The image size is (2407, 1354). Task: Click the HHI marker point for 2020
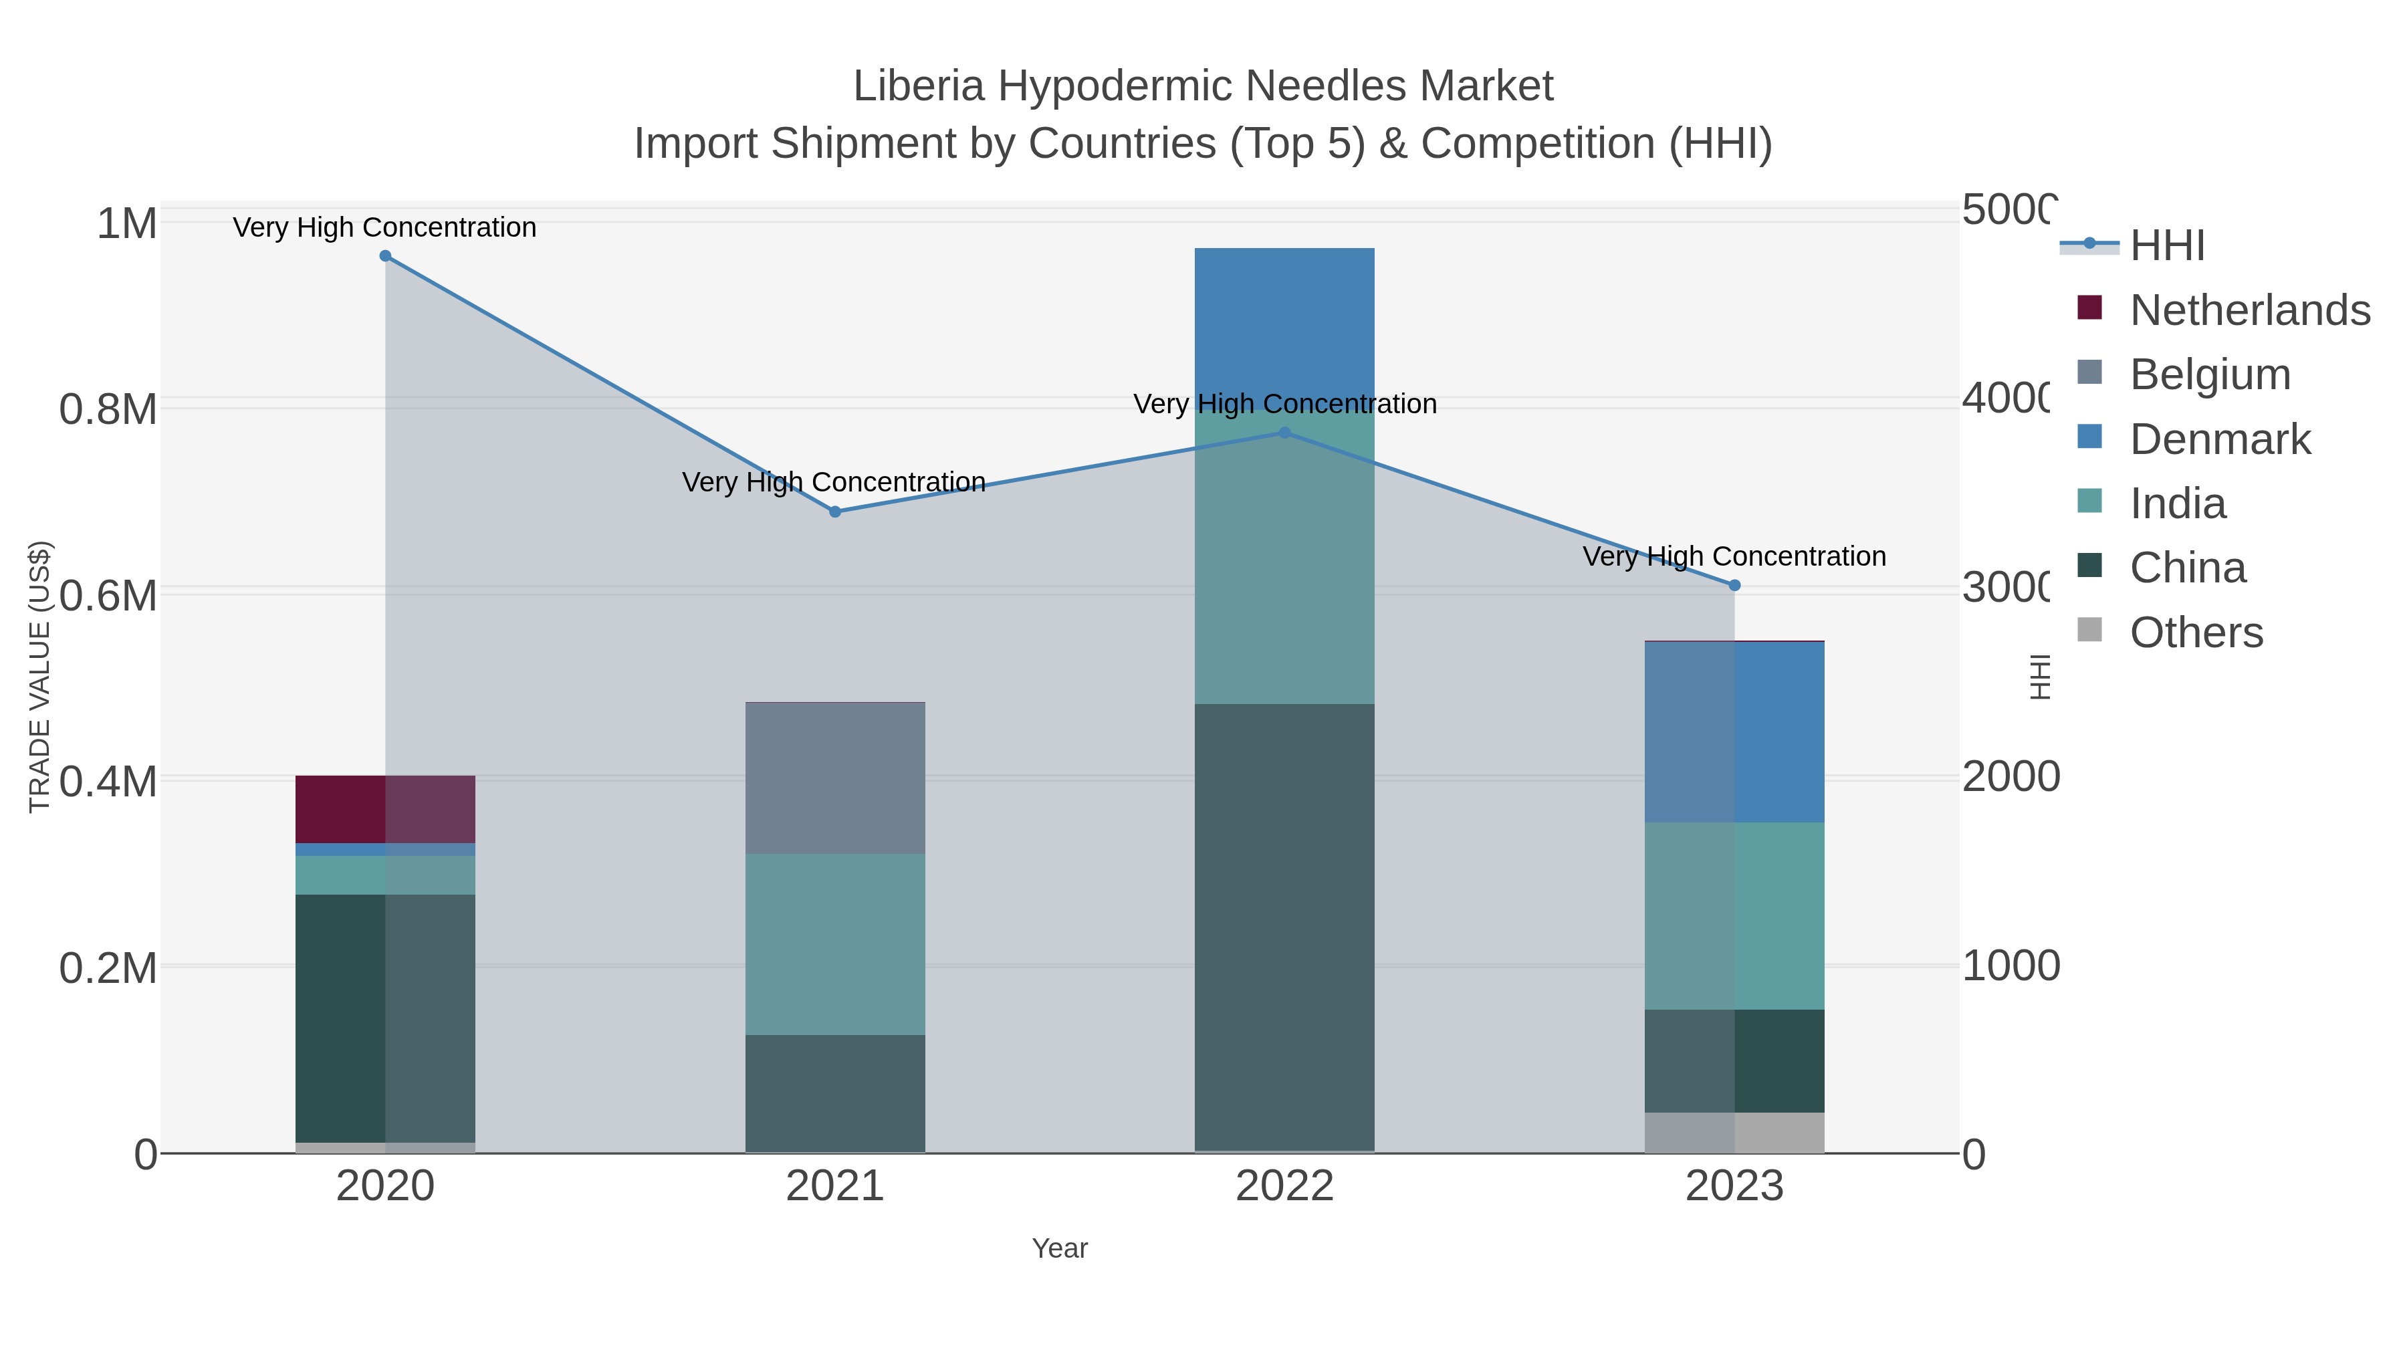pyautogui.click(x=385, y=256)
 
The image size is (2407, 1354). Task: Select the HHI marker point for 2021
pyautogui.click(x=835, y=512)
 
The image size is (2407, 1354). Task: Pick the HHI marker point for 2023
pyautogui.click(x=1735, y=586)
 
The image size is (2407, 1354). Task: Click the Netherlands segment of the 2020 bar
pyautogui.click(x=385, y=809)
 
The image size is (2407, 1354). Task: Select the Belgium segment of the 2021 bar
pyautogui.click(x=835, y=778)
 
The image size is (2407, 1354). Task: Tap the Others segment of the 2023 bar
pyautogui.click(x=1735, y=1133)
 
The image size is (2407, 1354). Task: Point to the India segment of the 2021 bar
pyautogui.click(x=835, y=943)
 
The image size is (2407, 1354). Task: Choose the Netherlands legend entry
pyautogui.click(x=2249, y=310)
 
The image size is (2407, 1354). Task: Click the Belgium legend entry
pyautogui.click(x=2210, y=374)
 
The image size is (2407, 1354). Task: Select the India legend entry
pyautogui.click(x=2177, y=503)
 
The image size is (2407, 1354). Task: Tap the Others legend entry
pyautogui.click(x=2196, y=633)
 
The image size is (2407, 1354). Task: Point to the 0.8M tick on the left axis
pyautogui.click(x=108, y=409)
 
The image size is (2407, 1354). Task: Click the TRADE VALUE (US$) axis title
pyautogui.click(x=39, y=677)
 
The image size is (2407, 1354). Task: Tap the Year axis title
pyautogui.click(x=1060, y=1248)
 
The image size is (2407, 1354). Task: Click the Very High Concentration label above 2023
pyautogui.click(x=1734, y=557)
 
